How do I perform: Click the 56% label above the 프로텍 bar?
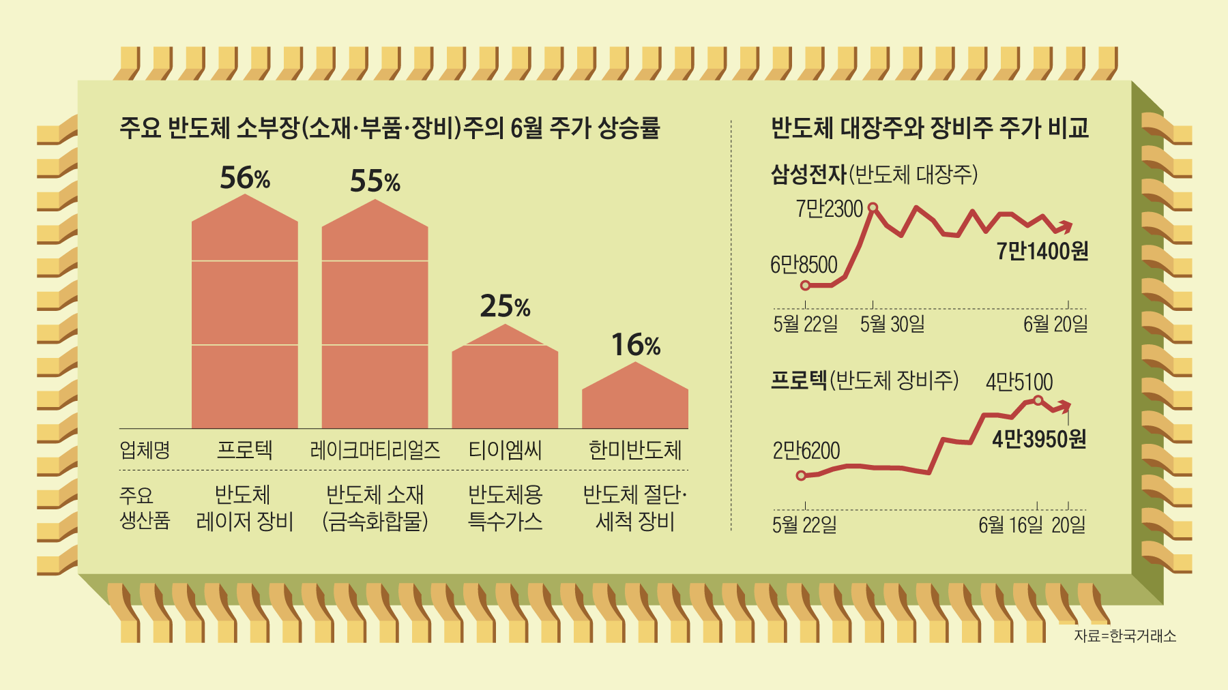(x=245, y=179)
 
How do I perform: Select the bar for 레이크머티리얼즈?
(x=375, y=320)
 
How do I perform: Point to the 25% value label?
(x=505, y=307)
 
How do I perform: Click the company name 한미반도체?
(x=634, y=450)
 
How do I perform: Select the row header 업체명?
(x=145, y=450)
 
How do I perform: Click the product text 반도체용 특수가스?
(x=505, y=508)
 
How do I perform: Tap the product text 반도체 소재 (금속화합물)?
(x=375, y=508)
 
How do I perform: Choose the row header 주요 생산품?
(x=145, y=508)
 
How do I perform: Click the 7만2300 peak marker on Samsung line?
(x=872, y=207)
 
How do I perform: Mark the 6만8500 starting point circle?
(x=805, y=285)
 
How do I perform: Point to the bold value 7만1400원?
(x=1042, y=252)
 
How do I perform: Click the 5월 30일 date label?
(x=892, y=324)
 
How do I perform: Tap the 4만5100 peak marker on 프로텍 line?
(x=1038, y=400)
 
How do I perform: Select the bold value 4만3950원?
(x=1039, y=440)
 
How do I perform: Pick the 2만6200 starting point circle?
(x=802, y=475)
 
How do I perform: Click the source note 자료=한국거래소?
(x=1125, y=636)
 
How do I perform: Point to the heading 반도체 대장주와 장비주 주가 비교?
(x=929, y=128)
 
